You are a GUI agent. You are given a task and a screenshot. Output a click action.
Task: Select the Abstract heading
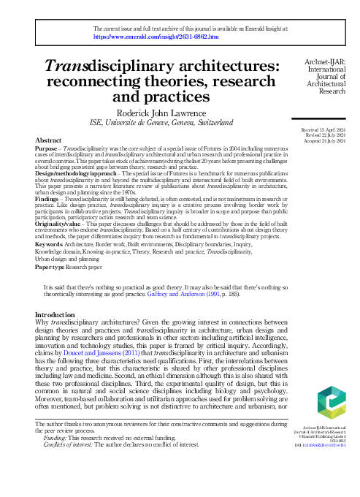click(x=48, y=140)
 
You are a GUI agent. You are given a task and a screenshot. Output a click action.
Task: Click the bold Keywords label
click(x=50, y=263)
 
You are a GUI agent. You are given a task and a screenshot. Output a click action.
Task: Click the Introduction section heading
click(x=60, y=335)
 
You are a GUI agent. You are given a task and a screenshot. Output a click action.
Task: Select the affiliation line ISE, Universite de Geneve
click(x=161, y=123)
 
